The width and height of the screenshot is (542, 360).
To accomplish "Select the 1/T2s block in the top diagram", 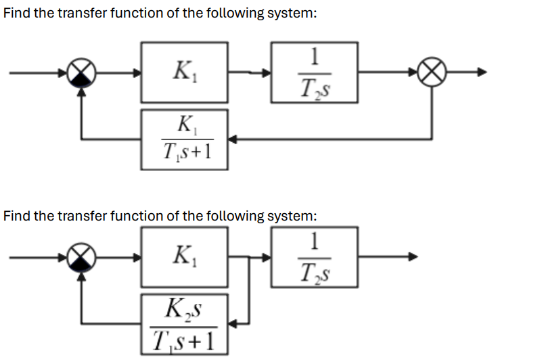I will tap(314, 72).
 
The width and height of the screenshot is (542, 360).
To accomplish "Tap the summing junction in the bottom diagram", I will tap(83, 256).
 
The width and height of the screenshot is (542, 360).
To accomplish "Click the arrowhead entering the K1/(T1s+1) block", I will tap(231, 139).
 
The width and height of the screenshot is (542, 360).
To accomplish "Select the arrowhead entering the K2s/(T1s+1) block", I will tap(231, 324).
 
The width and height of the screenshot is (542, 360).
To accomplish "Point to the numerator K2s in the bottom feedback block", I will tap(183, 312).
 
